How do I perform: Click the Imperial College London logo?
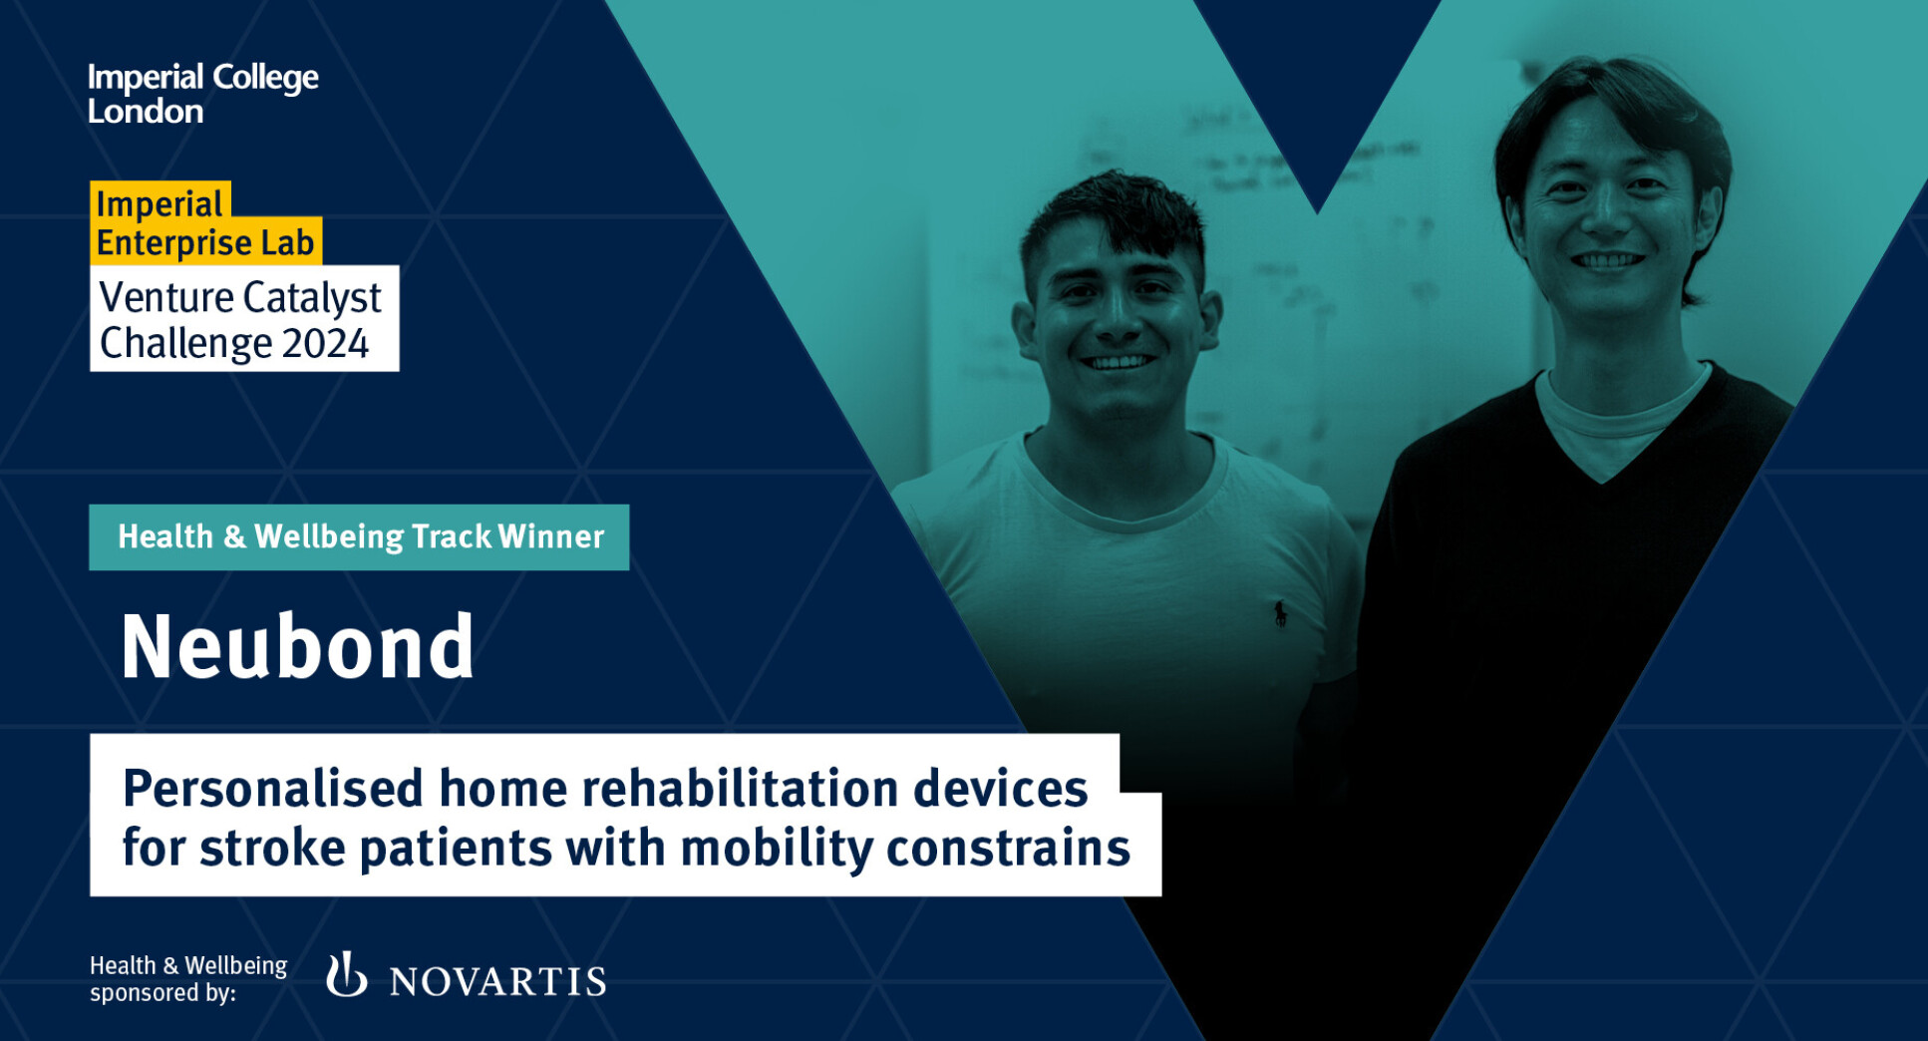click(203, 94)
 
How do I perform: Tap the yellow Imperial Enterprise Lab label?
click(205, 223)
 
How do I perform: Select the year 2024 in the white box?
click(326, 344)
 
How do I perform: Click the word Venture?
click(165, 297)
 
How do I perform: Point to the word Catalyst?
click(312, 298)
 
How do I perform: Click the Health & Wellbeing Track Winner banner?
click(359, 537)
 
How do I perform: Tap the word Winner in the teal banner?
click(551, 536)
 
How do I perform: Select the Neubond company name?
click(297, 647)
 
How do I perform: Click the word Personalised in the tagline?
click(273, 789)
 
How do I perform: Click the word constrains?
click(1008, 849)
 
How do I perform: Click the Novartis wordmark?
click(497, 982)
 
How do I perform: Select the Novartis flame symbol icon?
click(346, 974)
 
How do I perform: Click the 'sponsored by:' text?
click(162, 993)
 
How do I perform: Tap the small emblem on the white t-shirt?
click(1280, 613)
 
